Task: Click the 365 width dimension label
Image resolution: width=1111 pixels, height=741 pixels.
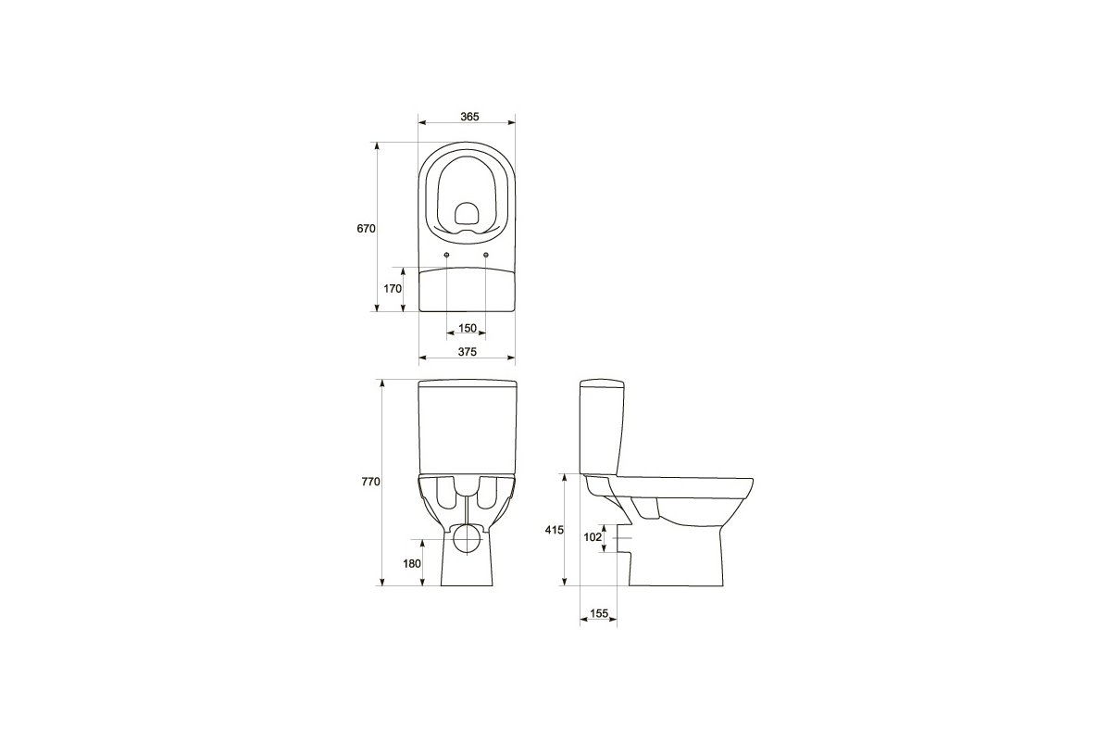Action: point(469,117)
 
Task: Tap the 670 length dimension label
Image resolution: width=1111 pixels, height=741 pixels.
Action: point(366,229)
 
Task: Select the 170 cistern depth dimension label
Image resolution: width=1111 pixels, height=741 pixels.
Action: point(393,288)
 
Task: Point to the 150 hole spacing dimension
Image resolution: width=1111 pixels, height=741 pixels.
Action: point(468,328)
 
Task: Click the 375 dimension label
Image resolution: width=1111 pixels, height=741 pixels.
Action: point(468,352)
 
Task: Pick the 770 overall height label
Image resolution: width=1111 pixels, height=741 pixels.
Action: point(370,482)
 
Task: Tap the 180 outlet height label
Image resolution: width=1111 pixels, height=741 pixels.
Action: point(412,563)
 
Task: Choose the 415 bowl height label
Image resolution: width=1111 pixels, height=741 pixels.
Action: point(554,530)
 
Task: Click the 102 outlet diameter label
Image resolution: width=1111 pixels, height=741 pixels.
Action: point(593,537)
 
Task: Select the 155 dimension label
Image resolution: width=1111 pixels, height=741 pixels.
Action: point(599,613)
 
